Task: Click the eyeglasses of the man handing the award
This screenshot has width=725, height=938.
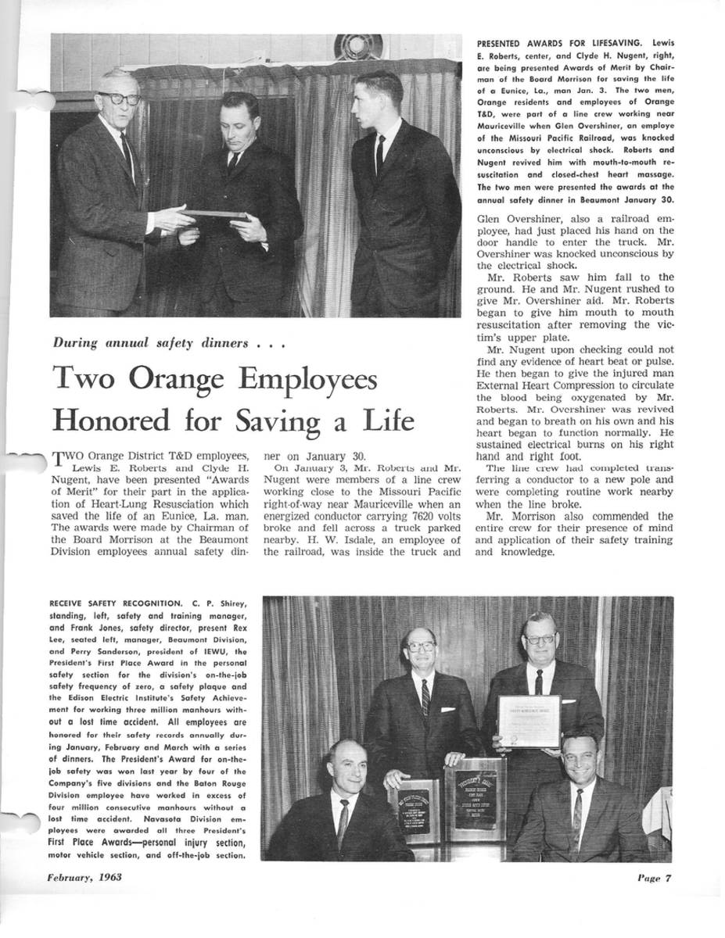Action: click(119, 98)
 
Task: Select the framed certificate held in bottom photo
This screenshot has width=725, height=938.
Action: click(529, 721)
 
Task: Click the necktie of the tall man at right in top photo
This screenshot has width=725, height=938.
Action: click(380, 155)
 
